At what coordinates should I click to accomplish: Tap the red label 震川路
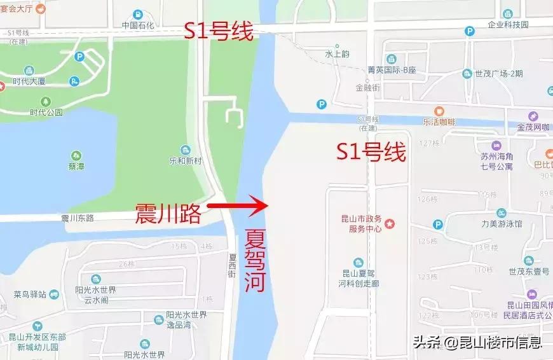tap(167, 214)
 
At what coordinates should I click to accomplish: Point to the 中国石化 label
tap(138, 26)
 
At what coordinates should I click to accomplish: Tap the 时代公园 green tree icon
tap(46, 101)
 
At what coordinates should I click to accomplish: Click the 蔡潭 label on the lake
tap(76, 167)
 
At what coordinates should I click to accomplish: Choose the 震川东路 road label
tap(78, 218)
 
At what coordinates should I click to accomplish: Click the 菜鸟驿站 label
tap(30, 294)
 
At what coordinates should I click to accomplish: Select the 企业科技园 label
tap(508, 25)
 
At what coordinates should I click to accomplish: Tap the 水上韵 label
tap(337, 54)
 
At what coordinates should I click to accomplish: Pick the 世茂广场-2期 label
tap(499, 73)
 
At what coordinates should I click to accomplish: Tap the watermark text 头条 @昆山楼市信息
tap(477, 342)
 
